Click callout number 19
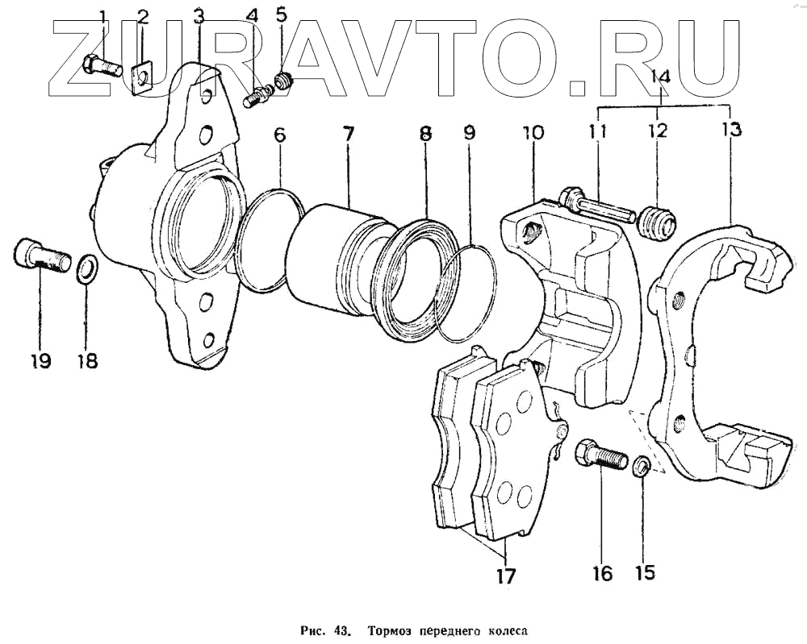click(39, 360)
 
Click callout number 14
click(661, 77)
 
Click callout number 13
click(732, 129)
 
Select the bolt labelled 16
click(602, 459)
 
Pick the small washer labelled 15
click(642, 466)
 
